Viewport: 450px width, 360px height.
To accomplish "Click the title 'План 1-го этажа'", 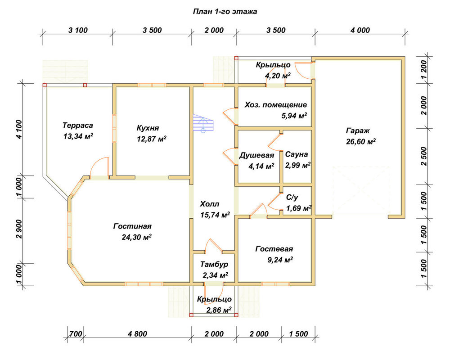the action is (x=225, y=12).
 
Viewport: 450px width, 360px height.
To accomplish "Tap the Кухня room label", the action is (x=148, y=128).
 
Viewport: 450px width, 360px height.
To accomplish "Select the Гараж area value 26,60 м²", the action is (x=361, y=141).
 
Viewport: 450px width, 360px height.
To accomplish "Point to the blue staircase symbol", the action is (x=203, y=123).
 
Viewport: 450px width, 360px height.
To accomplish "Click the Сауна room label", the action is (x=297, y=154).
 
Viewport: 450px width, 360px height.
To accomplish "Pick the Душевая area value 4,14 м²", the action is (x=261, y=166).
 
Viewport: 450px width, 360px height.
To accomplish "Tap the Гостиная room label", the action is (x=132, y=226).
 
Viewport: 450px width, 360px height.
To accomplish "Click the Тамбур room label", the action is (x=214, y=264).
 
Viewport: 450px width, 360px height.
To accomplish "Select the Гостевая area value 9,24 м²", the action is (x=280, y=260).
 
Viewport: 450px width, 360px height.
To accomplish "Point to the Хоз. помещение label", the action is (x=276, y=105).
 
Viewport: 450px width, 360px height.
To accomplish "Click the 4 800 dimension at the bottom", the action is (x=137, y=334).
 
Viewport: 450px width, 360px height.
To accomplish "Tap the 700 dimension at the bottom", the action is (x=76, y=334).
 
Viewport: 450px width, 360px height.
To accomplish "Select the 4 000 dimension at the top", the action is (x=360, y=30).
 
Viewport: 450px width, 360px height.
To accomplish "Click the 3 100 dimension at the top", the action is (x=78, y=30).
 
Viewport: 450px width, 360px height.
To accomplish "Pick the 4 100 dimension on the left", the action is (x=19, y=129).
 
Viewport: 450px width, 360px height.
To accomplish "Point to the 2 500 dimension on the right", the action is (x=424, y=156).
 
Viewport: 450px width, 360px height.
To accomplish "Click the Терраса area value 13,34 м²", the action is (x=78, y=136).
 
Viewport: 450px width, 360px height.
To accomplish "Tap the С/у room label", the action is (x=292, y=197).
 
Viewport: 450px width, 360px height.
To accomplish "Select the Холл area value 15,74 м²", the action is (x=215, y=215).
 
